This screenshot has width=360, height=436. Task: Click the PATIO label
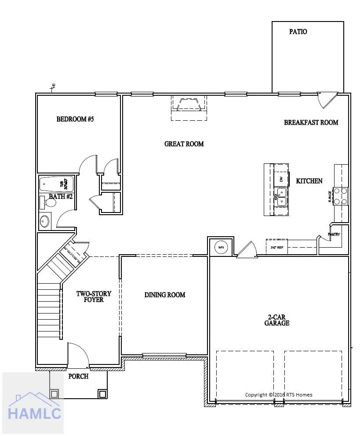click(x=298, y=32)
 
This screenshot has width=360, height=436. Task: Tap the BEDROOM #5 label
click(x=75, y=119)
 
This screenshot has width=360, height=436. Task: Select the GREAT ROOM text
click(x=184, y=144)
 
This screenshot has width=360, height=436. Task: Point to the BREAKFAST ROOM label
click(x=311, y=123)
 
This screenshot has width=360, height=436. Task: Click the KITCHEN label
click(x=309, y=181)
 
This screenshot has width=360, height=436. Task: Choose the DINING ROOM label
click(x=165, y=295)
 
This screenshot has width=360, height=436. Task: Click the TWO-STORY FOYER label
click(x=94, y=297)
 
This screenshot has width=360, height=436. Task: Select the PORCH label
click(x=78, y=376)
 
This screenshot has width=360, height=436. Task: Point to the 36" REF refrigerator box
click(x=276, y=247)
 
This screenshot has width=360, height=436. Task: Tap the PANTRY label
click(x=334, y=234)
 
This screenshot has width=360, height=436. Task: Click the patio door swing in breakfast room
click(x=326, y=100)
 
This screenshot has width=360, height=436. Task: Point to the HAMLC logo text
click(x=34, y=413)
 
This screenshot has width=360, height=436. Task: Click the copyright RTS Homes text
click(x=279, y=395)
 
